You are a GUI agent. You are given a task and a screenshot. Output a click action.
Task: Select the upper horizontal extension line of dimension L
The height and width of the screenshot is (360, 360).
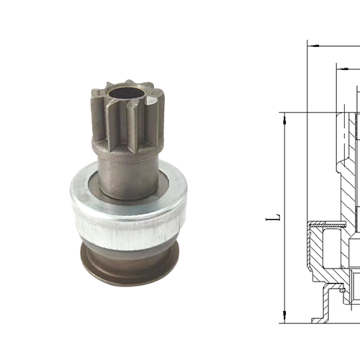[310, 112]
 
